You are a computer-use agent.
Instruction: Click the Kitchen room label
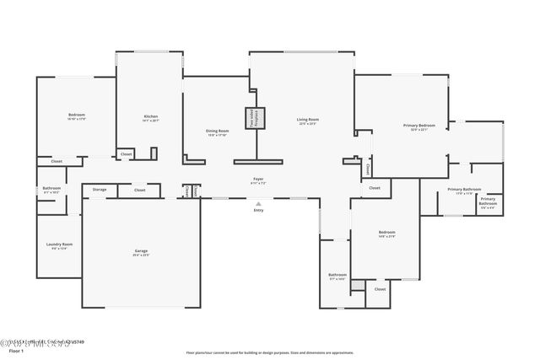coord(151,116)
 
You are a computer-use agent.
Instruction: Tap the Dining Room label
coord(218,130)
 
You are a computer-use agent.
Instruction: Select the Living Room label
coord(307,119)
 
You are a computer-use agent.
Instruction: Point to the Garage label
coord(141,250)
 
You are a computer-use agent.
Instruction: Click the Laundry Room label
coord(60,244)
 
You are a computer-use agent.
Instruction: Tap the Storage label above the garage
coord(100,190)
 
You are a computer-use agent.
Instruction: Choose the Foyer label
coord(258,179)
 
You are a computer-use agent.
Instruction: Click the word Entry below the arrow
coord(259,211)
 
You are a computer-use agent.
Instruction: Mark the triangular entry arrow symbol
coord(259,203)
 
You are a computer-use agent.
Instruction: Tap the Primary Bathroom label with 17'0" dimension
coord(464,189)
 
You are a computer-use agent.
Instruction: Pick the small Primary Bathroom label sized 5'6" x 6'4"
coord(489,201)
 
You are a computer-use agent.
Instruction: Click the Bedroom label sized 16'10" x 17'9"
coord(77,115)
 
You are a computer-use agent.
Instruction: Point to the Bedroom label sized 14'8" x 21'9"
coord(386,232)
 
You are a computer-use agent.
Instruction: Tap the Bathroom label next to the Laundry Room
coord(51,187)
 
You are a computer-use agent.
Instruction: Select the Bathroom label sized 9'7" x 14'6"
coord(337,275)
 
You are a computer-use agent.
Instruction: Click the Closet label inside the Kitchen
coord(126,154)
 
